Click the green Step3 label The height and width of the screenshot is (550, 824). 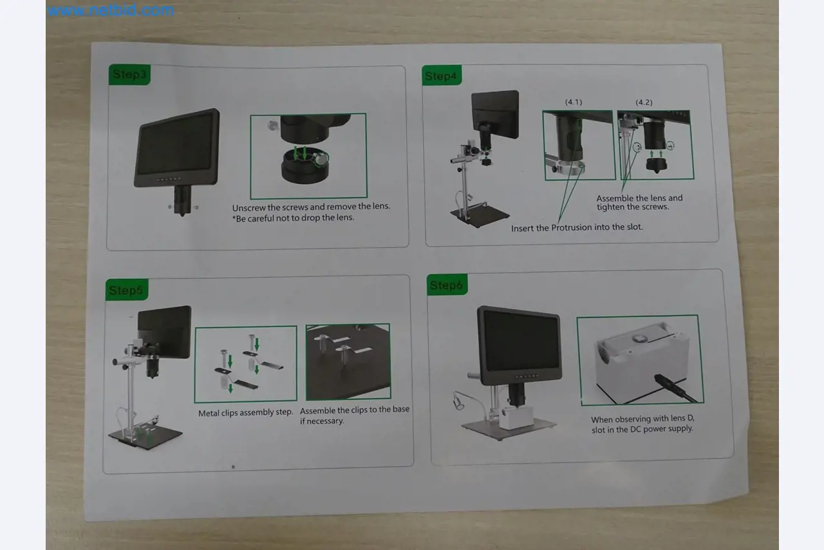point(129,74)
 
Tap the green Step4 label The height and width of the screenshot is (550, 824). point(442,76)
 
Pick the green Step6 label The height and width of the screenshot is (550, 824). point(447,285)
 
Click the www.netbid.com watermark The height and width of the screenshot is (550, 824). point(110,10)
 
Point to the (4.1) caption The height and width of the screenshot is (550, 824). point(573,102)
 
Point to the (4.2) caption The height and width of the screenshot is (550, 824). point(644,102)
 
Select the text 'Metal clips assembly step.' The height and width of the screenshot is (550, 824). point(245,412)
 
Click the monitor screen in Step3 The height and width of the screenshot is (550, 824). point(175,144)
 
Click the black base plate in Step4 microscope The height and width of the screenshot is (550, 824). point(479,218)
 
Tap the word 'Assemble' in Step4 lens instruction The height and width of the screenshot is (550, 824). point(615,198)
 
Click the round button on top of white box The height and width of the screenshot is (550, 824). point(639,337)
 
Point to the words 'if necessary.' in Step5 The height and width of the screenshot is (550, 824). point(322,421)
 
